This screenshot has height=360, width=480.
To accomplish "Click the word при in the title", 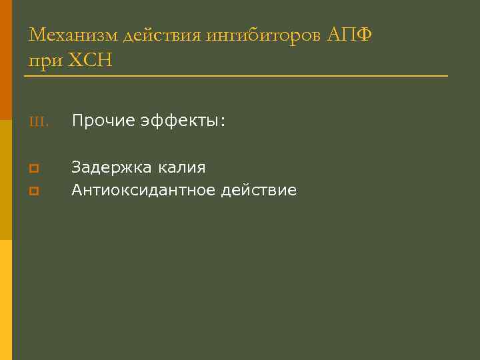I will [43, 61].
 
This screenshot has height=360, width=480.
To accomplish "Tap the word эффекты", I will [181, 121].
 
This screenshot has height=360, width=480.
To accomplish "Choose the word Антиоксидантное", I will [143, 190].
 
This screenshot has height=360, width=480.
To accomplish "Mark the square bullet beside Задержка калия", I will [33, 167].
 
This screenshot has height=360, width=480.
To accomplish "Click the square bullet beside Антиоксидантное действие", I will [33, 191].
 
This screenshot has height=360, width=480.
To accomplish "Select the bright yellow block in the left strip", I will [6, 300].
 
